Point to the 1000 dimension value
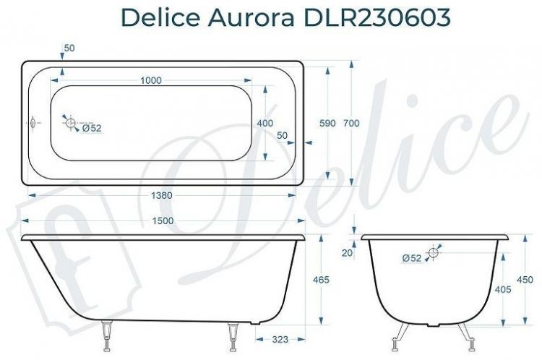[150, 80]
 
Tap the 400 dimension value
[264, 124]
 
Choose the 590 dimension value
[327, 124]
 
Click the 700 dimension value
[351, 124]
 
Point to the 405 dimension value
[503, 289]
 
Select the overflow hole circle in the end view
[434, 252]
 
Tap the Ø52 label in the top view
[92, 129]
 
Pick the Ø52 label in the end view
[411, 258]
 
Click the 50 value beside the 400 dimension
[282, 135]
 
